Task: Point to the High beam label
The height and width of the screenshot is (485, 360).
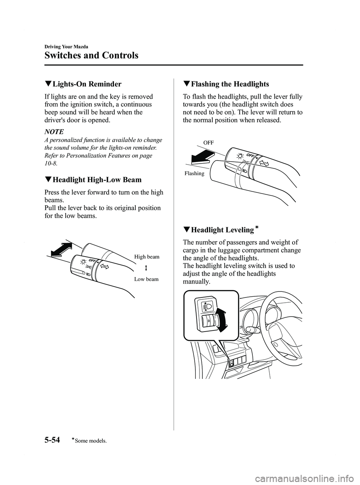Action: point(147,257)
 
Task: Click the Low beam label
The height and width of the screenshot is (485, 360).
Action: point(147,279)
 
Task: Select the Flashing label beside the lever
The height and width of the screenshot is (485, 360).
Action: point(194,173)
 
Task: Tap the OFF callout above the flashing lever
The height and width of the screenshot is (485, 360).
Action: point(208,143)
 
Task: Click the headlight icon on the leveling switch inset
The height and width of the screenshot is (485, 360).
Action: point(207,306)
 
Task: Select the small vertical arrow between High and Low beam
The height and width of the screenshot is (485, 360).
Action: point(145,268)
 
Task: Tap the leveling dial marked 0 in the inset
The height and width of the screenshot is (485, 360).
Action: point(208,321)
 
